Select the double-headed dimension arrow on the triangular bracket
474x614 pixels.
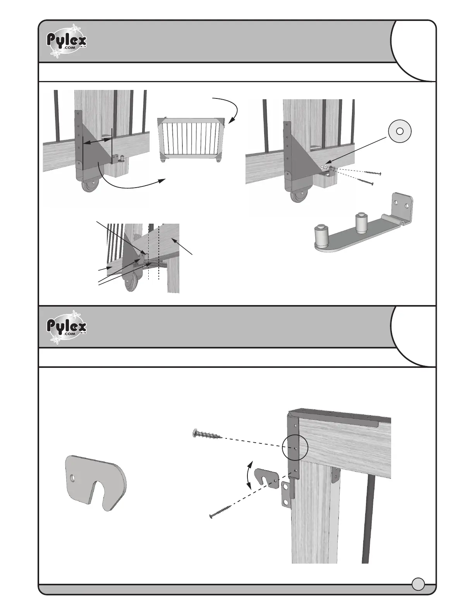coord(96,141)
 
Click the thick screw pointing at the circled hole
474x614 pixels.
coord(207,435)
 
